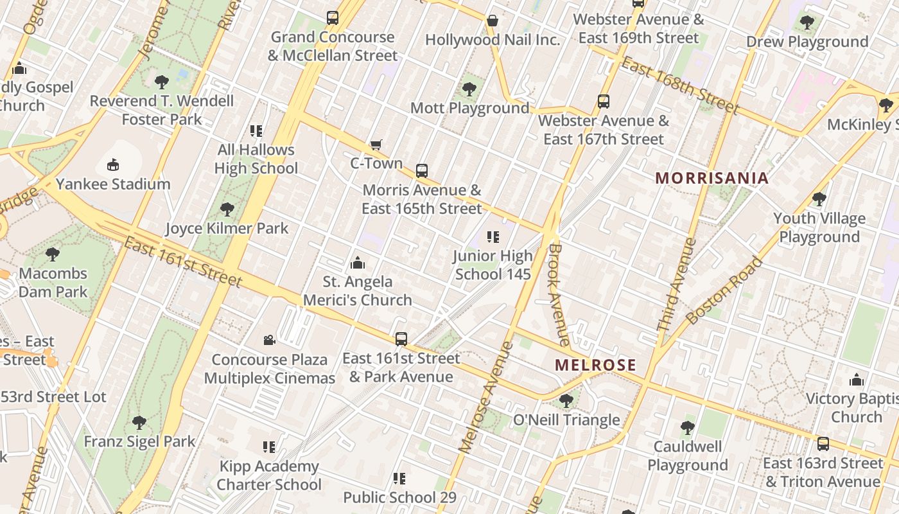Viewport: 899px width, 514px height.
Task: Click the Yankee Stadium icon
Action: [x=113, y=165]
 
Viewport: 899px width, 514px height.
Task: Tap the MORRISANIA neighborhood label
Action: [x=711, y=178]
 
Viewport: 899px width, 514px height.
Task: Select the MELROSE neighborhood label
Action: [x=595, y=365]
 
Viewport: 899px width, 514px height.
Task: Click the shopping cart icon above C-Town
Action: [x=376, y=145]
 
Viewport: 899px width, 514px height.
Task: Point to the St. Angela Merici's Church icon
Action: [x=358, y=263]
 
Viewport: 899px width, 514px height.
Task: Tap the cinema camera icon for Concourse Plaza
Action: [x=270, y=340]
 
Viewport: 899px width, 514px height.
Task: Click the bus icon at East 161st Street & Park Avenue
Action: [x=401, y=339]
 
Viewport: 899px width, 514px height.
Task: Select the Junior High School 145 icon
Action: [x=493, y=237]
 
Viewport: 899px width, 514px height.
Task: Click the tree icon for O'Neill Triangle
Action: [x=566, y=401]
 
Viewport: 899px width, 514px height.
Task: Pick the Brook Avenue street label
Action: [x=559, y=294]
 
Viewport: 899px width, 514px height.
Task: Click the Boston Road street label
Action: [x=724, y=290]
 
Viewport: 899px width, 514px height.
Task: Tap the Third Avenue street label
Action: [x=676, y=285]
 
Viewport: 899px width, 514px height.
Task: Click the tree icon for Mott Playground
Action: [x=469, y=89]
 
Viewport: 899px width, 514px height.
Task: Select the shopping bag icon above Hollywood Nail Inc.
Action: [x=493, y=21]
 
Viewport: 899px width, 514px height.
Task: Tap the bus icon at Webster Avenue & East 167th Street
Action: [x=604, y=101]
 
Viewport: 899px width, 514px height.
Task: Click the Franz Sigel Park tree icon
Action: [x=139, y=422]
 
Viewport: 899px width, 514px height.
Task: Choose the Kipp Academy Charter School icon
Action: [x=269, y=447]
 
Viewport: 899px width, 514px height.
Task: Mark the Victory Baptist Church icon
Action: [x=856, y=380]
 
